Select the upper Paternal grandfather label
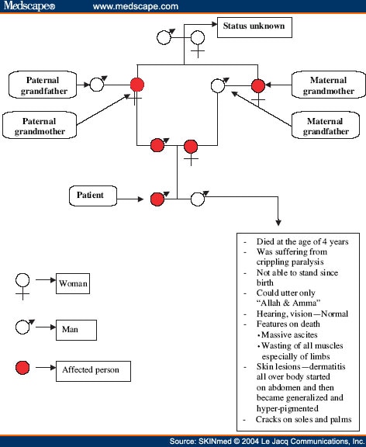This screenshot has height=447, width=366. (42, 85)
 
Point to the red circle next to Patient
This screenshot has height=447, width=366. (157, 199)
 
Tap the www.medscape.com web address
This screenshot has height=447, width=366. (136, 6)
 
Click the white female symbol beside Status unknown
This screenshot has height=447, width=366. (198, 38)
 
